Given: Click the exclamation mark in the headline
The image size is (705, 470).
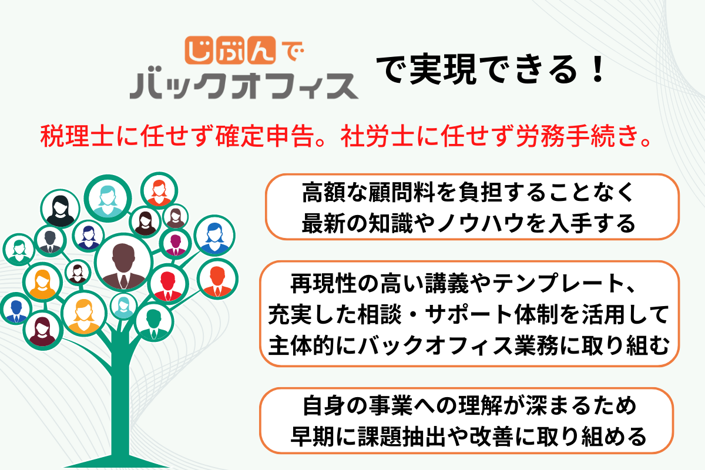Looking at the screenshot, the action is point(597,71).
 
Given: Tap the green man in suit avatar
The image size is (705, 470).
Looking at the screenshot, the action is point(154,321).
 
